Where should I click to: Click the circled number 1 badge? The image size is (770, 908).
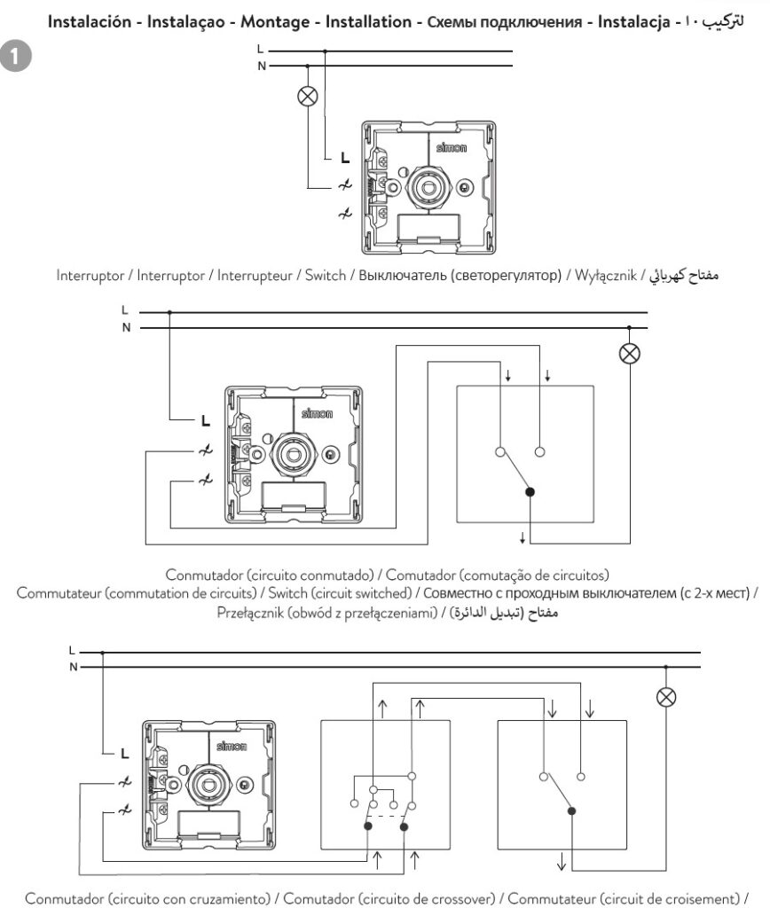click(x=15, y=56)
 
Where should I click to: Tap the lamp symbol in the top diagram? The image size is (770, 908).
click(x=308, y=96)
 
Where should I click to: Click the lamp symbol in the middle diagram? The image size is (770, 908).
click(x=630, y=353)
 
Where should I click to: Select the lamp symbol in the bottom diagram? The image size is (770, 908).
click(x=666, y=697)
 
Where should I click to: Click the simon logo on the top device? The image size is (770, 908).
click(x=452, y=148)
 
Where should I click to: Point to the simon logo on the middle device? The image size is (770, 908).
click(x=317, y=413)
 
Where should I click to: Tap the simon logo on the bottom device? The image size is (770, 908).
click(x=232, y=746)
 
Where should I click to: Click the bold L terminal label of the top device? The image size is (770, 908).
click(x=345, y=158)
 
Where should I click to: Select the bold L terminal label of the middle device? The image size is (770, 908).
click(x=206, y=421)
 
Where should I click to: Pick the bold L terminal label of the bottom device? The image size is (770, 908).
click(x=124, y=754)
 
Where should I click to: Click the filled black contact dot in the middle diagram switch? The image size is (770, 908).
click(x=530, y=492)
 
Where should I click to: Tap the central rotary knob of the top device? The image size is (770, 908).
click(x=429, y=188)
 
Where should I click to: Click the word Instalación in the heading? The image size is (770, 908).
click(x=90, y=22)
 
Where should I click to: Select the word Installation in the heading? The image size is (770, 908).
click(x=368, y=22)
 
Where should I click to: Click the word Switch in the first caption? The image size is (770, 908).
click(x=326, y=275)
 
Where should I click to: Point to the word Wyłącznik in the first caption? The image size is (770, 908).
click(x=606, y=276)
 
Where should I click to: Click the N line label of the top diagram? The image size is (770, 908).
click(x=262, y=66)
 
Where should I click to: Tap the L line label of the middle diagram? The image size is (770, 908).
click(x=124, y=310)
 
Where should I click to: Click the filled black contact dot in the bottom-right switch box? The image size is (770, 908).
click(x=571, y=810)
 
